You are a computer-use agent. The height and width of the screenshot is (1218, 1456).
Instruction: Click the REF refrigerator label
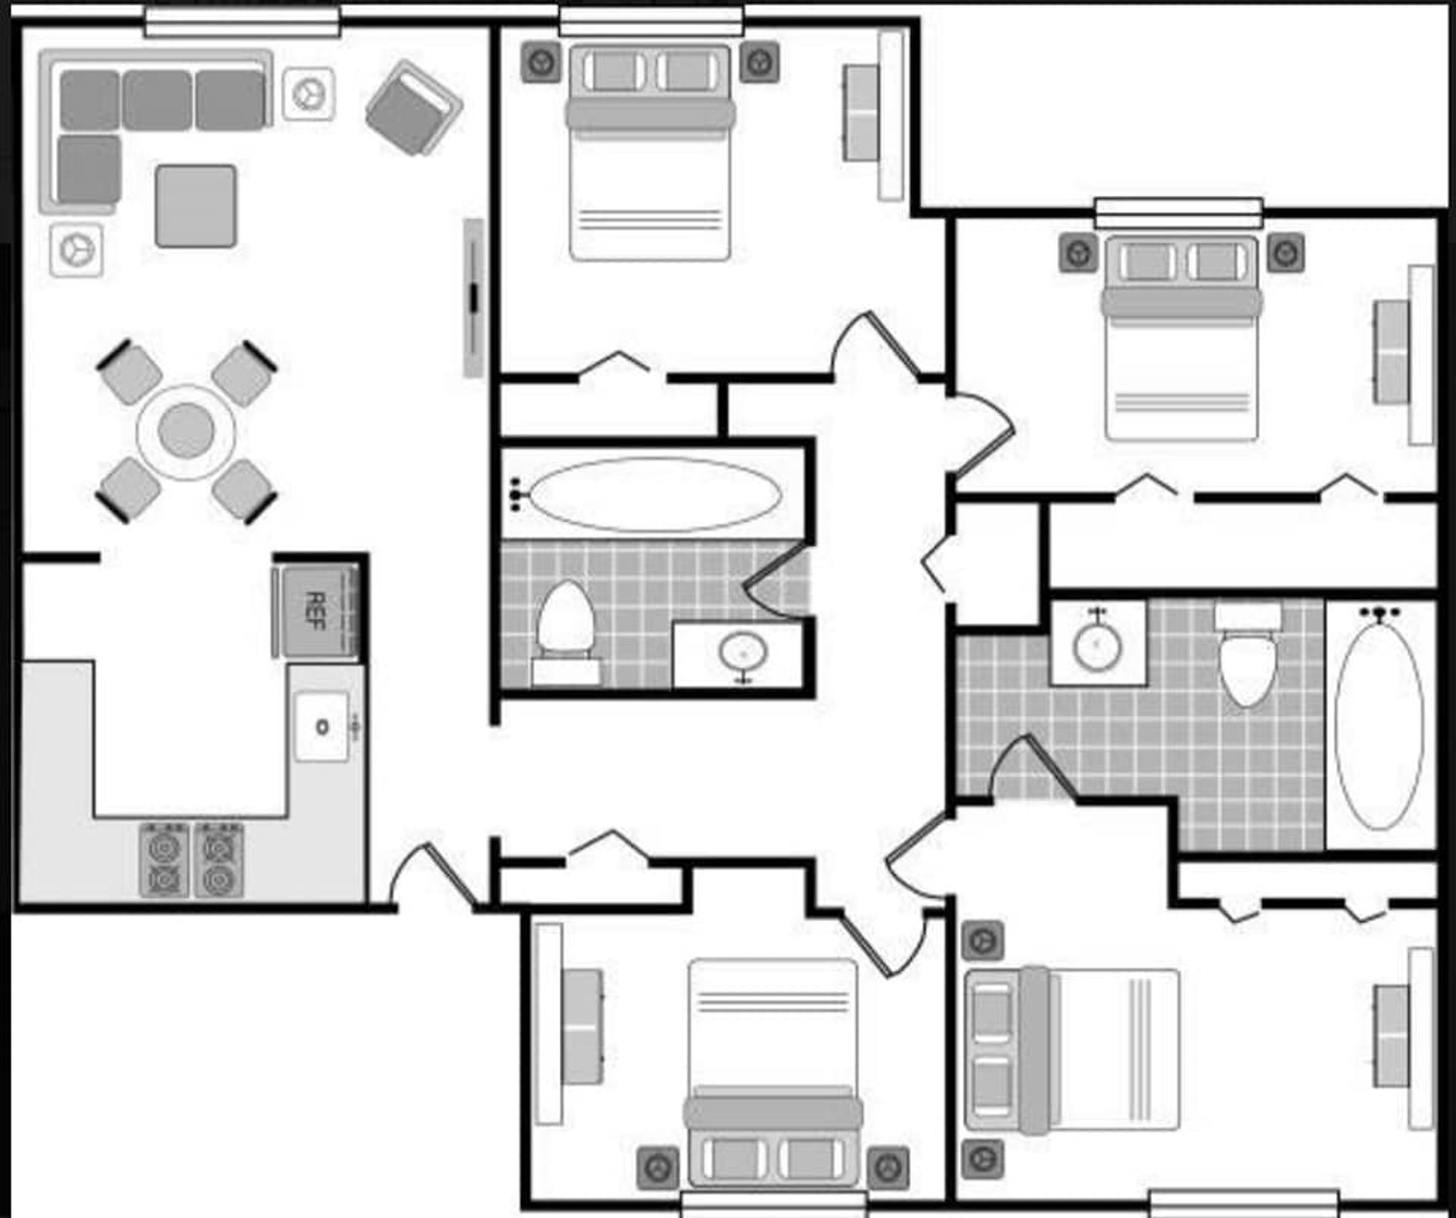[x=315, y=611]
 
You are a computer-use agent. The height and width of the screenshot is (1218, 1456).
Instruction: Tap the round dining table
[x=186, y=431]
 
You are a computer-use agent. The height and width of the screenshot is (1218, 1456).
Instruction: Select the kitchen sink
[x=322, y=727]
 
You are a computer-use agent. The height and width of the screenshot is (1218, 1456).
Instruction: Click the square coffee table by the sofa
[x=196, y=206]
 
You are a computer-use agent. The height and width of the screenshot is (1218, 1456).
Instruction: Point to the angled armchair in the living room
[x=414, y=108]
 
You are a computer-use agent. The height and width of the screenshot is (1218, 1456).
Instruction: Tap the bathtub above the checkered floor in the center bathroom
[x=654, y=494]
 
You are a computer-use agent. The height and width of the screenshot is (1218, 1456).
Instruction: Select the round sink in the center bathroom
[x=743, y=652]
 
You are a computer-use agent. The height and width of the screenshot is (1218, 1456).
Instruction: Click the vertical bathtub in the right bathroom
[x=1379, y=725]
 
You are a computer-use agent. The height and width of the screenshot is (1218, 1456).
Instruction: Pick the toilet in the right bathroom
[x=1247, y=660]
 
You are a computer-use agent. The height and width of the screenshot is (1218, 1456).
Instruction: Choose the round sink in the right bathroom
[x=1097, y=645]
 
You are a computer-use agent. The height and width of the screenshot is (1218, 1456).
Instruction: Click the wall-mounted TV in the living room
[x=474, y=298]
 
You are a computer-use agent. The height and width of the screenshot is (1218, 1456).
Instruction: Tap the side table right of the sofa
[x=309, y=94]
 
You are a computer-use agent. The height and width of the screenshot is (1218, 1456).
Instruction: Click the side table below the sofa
[x=77, y=250]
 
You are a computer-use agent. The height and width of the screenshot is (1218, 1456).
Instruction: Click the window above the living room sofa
[x=243, y=21]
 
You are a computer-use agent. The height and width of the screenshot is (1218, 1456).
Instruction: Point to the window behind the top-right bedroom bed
[x=1178, y=212]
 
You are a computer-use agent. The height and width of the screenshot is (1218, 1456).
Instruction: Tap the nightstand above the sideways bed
[x=983, y=941]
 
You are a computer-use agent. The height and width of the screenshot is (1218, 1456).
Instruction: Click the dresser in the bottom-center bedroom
[x=582, y=1026]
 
